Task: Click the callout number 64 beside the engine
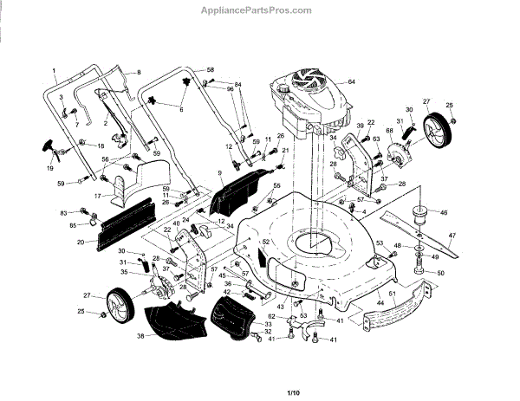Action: tap(352, 82)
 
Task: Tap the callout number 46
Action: tap(444, 211)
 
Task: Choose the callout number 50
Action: tap(440, 274)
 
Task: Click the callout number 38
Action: tap(140, 336)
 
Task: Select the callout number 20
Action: tap(81, 243)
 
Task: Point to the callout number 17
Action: tap(98, 196)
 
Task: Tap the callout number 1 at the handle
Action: tap(53, 69)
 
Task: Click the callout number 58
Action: tap(210, 68)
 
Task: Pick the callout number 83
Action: tap(64, 212)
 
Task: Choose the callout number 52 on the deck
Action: tap(267, 242)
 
